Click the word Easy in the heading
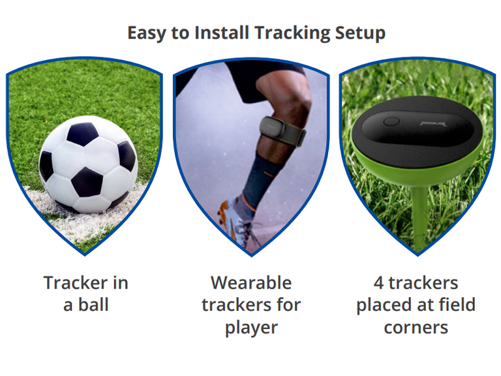click(147, 33)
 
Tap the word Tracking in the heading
click(292, 33)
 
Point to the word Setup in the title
click(360, 33)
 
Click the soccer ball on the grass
click(88, 164)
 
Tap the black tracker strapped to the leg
click(272, 127)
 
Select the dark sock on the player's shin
click(258, 179)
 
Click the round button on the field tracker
click(391, 122)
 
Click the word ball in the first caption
click(93, 304)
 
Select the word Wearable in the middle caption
click(251, 283)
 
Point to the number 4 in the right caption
click(378, 283)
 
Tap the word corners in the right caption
click(416, 328)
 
